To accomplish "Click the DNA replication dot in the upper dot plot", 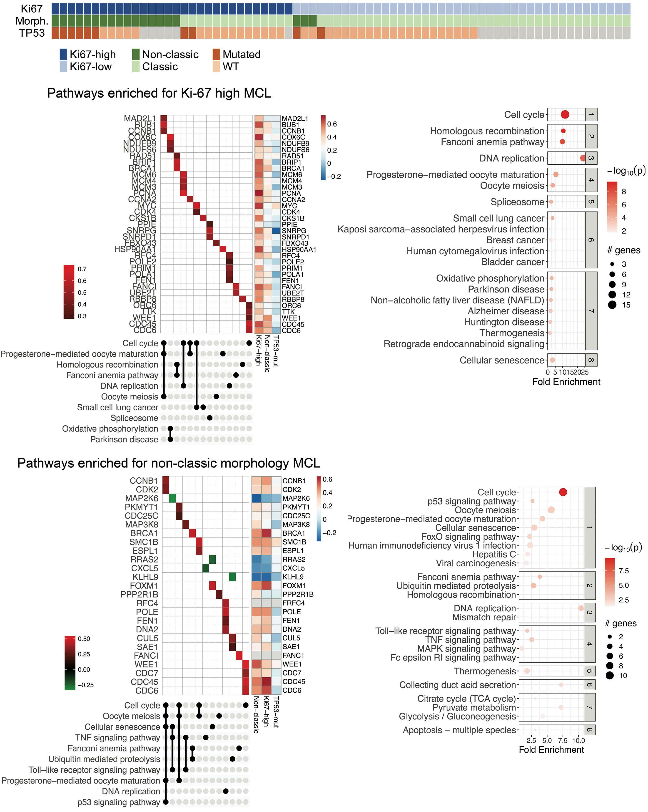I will click(583, 158).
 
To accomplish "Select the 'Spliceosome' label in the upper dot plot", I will click(517, 202).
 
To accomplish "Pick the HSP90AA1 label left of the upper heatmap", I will click(135, 249).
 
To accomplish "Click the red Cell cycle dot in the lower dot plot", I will click(563, 492).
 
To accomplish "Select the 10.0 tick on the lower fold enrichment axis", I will click(578, 740).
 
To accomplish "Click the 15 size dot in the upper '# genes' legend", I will click(612, 305).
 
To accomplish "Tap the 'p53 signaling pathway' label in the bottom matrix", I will click(119, 802).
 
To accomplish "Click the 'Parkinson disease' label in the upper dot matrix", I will click(124, 439).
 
